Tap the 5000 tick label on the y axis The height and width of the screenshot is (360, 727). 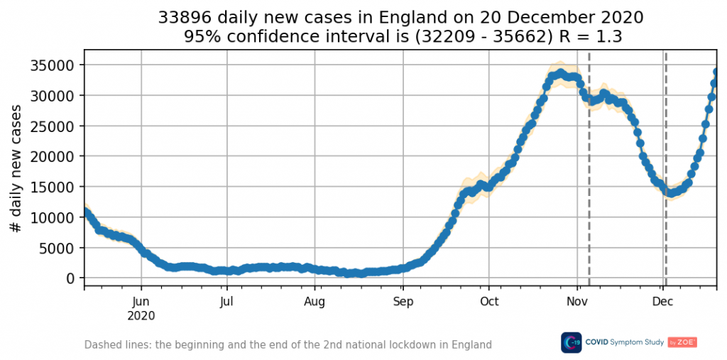click(x=59, y=248)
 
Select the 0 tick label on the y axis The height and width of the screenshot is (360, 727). click(x=71, y=278)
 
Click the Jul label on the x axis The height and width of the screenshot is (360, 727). click(x=226, y=302)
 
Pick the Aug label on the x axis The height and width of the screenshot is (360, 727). click(x=315, y=302)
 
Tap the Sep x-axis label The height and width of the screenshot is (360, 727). click(x=403, y=302)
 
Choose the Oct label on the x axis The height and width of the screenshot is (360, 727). click(x=488, y=302)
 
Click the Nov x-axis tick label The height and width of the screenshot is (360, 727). click(x=576, y=302)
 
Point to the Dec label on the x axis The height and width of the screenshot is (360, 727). click(x=662, y=302)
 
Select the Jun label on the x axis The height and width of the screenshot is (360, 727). click(x=141, y=302)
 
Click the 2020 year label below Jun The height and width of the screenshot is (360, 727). click(x=141, y=315)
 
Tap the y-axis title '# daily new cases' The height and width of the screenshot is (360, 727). click(x=16, y=168)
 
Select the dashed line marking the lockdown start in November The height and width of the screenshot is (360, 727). click(x=589, y=178)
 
